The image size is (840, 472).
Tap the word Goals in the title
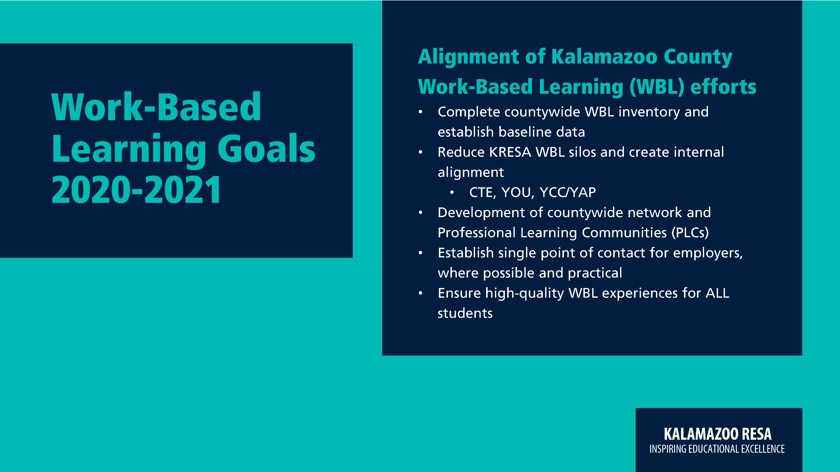click(266, 148)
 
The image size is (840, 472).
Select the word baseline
click(525, 132)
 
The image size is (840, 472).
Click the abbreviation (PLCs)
click(690, 233)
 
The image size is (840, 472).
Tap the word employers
click(708, 253)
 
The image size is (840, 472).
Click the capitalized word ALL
click(717, 293)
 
